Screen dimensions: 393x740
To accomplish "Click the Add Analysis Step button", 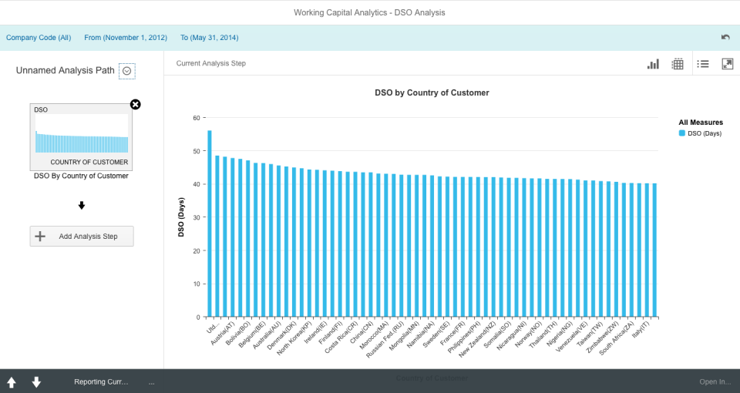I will (x=82, y=236).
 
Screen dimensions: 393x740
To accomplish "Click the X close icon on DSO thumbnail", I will (x=136, y=105).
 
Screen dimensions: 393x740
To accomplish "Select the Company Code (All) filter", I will (x=39, y=37).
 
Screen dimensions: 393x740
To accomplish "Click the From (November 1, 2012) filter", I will (x=126, y=37).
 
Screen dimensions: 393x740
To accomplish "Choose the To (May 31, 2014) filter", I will (x=209, y=37).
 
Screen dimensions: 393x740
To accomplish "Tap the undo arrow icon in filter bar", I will (x=725, y=37).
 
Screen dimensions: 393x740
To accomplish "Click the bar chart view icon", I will (x=653, y=64).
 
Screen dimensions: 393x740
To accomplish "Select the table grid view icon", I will (x=678, y=64).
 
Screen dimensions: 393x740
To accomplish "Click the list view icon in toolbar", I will (x=703, y=64).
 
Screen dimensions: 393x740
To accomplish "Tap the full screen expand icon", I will (x=727, y=64).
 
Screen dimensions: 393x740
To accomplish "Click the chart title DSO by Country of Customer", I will (x=432, y=92).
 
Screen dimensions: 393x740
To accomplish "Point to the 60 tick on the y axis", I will (x=196, y=118).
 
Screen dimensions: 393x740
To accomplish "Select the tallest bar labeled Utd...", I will (x=210, y=223).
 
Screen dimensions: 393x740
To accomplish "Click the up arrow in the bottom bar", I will (x=12, y=382).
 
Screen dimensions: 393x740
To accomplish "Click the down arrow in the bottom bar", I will (x=36, y=382).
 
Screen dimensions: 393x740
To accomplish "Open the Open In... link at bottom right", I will (x=715, y=381).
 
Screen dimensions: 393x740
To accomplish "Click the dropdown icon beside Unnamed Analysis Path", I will (x=127, y=71).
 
